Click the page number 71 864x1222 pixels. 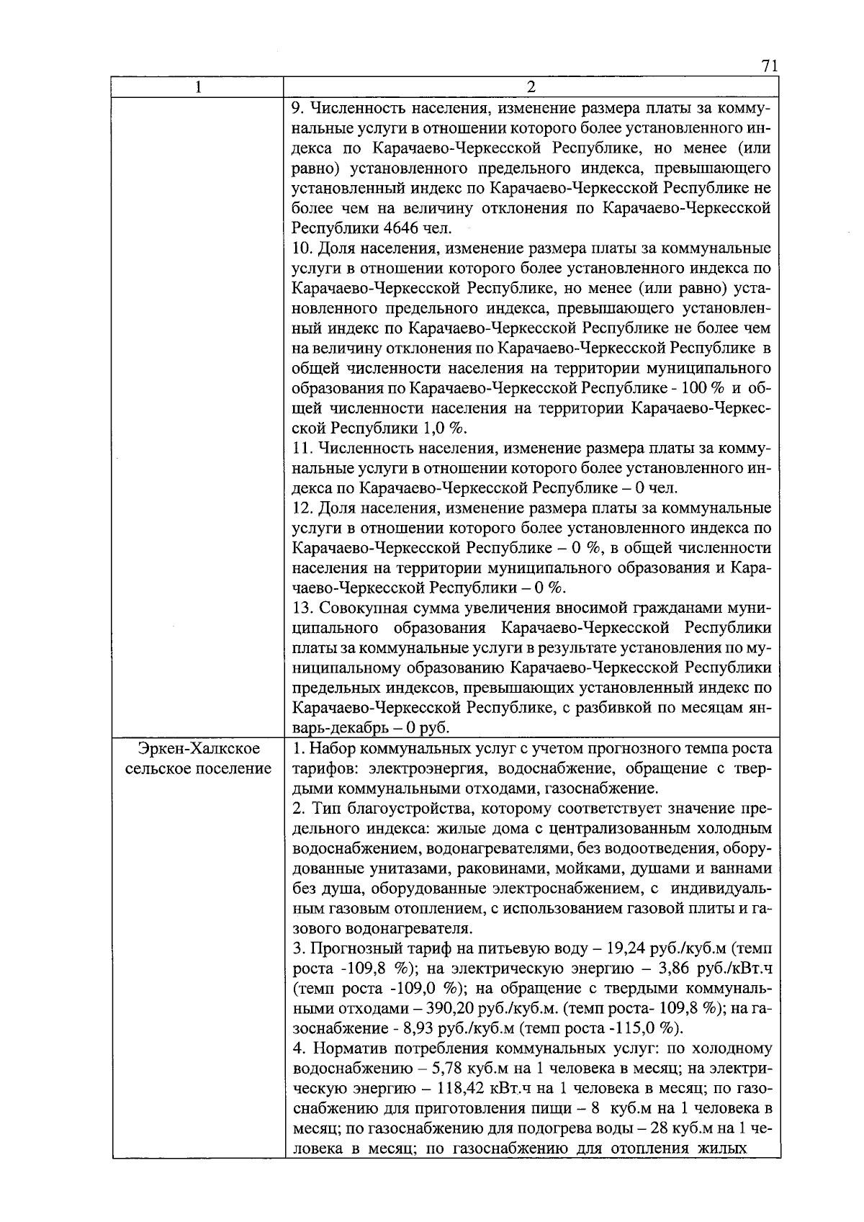(x=769, y=66)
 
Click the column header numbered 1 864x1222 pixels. (x=197, y=88)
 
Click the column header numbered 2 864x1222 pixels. (x=531, y=88)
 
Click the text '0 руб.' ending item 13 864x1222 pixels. (x=426, y=727)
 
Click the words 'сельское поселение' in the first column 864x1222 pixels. (x=198, y=768)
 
